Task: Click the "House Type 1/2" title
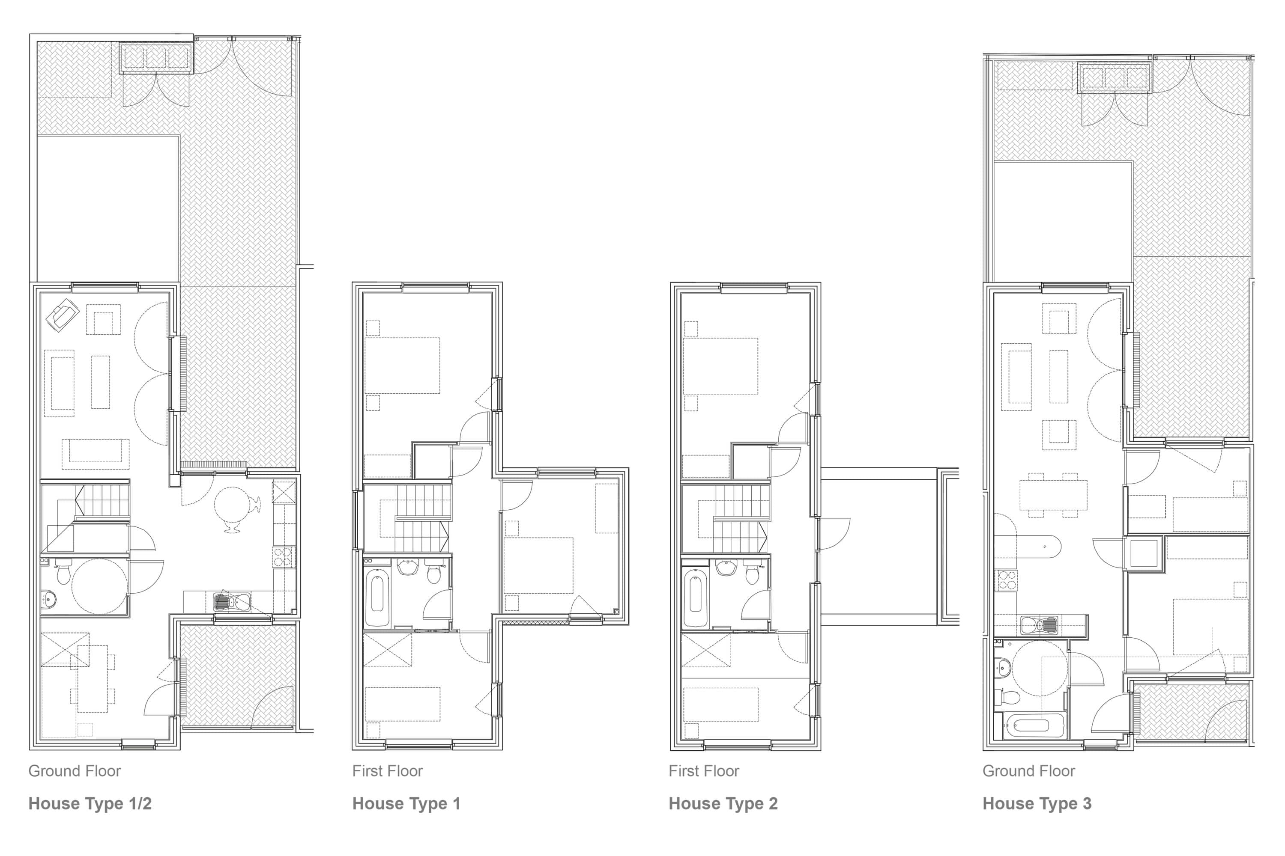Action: pyautogui.click(x=90, y=804)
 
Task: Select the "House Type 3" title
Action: pyautogui.click(x=1037, y=804)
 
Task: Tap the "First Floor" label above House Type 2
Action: pyautogui.click(x=704, y=771)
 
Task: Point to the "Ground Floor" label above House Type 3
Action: pyautogui.click(x=1029, y=771)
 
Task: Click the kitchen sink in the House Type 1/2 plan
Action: pyautogui.click(x=232, y=603)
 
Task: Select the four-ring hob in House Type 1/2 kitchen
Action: pyautogui.click(x=282, y=557)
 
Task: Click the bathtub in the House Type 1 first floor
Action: pyautogui.click(x=377, y=598)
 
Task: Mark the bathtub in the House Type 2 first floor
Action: pyautogui.click(x=696, y=598)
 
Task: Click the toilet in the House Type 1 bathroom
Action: pyautogui.click(x=434, y=571)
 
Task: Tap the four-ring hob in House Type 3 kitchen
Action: pyautogui.click(x=1007, y=580)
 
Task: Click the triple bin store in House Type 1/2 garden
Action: pyautogui.click(x=156, y=57)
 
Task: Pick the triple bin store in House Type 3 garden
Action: pyautogui.click(x=1115, y=78)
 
